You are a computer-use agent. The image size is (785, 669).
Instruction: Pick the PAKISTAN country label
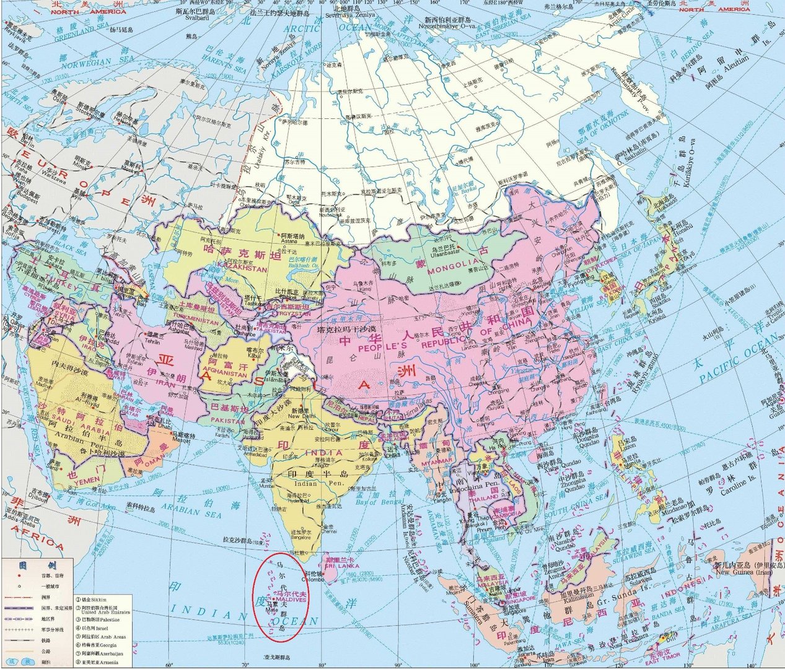[x=228, y=421]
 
